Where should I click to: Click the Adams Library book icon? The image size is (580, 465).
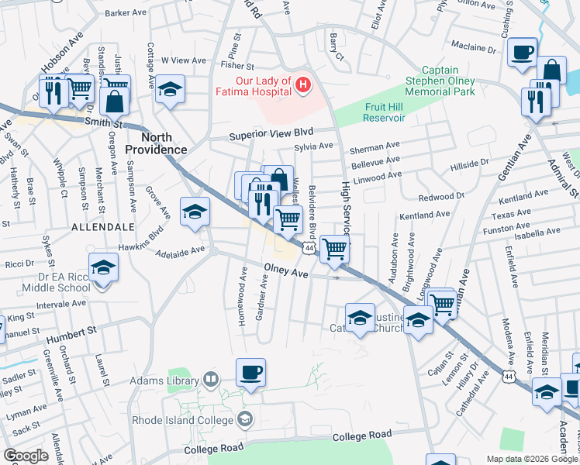point(210,379)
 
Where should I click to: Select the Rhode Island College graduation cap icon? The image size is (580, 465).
point(245,419)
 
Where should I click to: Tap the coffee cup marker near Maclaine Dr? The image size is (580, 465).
point(522,53)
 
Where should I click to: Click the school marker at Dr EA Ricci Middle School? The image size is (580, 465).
point(103,269)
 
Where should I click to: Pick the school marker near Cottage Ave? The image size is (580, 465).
point(170,90)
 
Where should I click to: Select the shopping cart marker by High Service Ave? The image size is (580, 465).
point(334,250)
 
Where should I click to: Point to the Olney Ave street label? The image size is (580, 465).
point(286,273)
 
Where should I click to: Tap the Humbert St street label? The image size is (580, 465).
point(70,333)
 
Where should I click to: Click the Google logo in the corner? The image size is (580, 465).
point(26,456)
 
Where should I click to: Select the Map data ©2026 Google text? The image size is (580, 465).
point(531,459)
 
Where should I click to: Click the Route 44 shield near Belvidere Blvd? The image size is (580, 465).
point(309,247)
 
